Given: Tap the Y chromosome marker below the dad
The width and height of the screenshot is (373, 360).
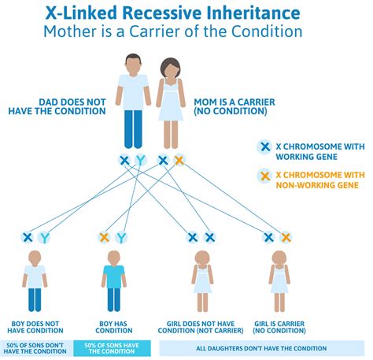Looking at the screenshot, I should [x=140, y=161].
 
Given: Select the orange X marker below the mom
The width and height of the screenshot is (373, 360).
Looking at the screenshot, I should [x=179, y=161].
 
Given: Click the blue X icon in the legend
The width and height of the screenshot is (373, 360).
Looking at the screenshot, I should [x=264, y=145].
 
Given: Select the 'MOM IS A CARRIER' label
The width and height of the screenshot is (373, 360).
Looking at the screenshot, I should [x=230, y=101].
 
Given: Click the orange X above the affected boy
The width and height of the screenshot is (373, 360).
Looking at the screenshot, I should [x=105, y=237].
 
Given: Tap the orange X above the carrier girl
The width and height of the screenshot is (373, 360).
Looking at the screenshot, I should [x=286, y=237].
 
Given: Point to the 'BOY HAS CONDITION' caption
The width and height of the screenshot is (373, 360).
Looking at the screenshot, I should [x=113, y=326].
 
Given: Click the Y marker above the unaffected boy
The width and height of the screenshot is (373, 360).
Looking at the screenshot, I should [x=44, y=237].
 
